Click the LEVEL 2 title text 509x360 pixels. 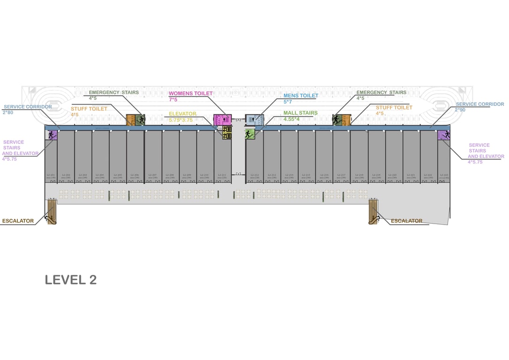tap(71, 280)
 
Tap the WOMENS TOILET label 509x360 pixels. tap(190, 94)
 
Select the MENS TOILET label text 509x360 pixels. tap(300, 96)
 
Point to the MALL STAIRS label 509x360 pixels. tap(300, 113)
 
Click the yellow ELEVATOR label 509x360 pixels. tap(183, 114)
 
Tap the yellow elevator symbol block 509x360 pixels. tap(227, 133)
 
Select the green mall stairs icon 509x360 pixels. tap(250, 135)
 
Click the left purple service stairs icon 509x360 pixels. tap(52, 135)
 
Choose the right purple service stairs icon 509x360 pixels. tap(444, 135)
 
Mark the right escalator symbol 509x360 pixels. tap(373, 211)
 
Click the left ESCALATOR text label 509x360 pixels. tap(18, 221)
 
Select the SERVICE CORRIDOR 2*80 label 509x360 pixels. tap(28, 107)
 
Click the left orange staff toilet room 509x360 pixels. tap(130, 120)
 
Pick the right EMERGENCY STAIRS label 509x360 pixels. tap(381, 93)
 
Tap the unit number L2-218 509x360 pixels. tap(359, 175)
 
